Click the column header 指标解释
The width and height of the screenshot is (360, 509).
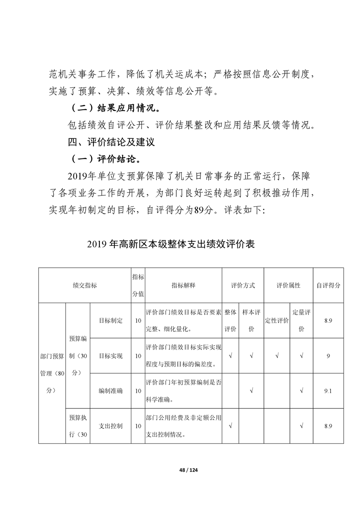pyautogui.click(x=183, y=285)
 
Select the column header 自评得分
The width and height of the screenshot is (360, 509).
pyautogui.click(x=328, y=285)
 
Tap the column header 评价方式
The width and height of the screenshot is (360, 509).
pyautogui.click(x=242, y=285)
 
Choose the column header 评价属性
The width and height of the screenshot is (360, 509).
pyautogui.click(x=288, y=285)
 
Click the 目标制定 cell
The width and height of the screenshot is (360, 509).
pyautogui.click(x=111, y=321)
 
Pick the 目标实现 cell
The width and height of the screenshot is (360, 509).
pyautogui.click(x=111, y=356)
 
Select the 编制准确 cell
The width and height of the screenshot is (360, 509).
pyautogui.click(x=111, y=391)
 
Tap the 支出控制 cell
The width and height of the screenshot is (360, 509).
pyautogui.click(x=111, y=426)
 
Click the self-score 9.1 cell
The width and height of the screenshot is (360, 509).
pyautogui.click(x=328, y=391)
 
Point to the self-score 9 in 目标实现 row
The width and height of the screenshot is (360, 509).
pyautogui.click(x=328, y=356)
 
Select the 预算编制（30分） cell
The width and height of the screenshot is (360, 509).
pyautogui.click(x=78, y=356)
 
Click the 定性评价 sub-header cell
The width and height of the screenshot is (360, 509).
pyautogui.click(x=277, y=321)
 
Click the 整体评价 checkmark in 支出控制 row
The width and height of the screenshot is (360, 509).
pyautogui.click(x=231, y=426)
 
